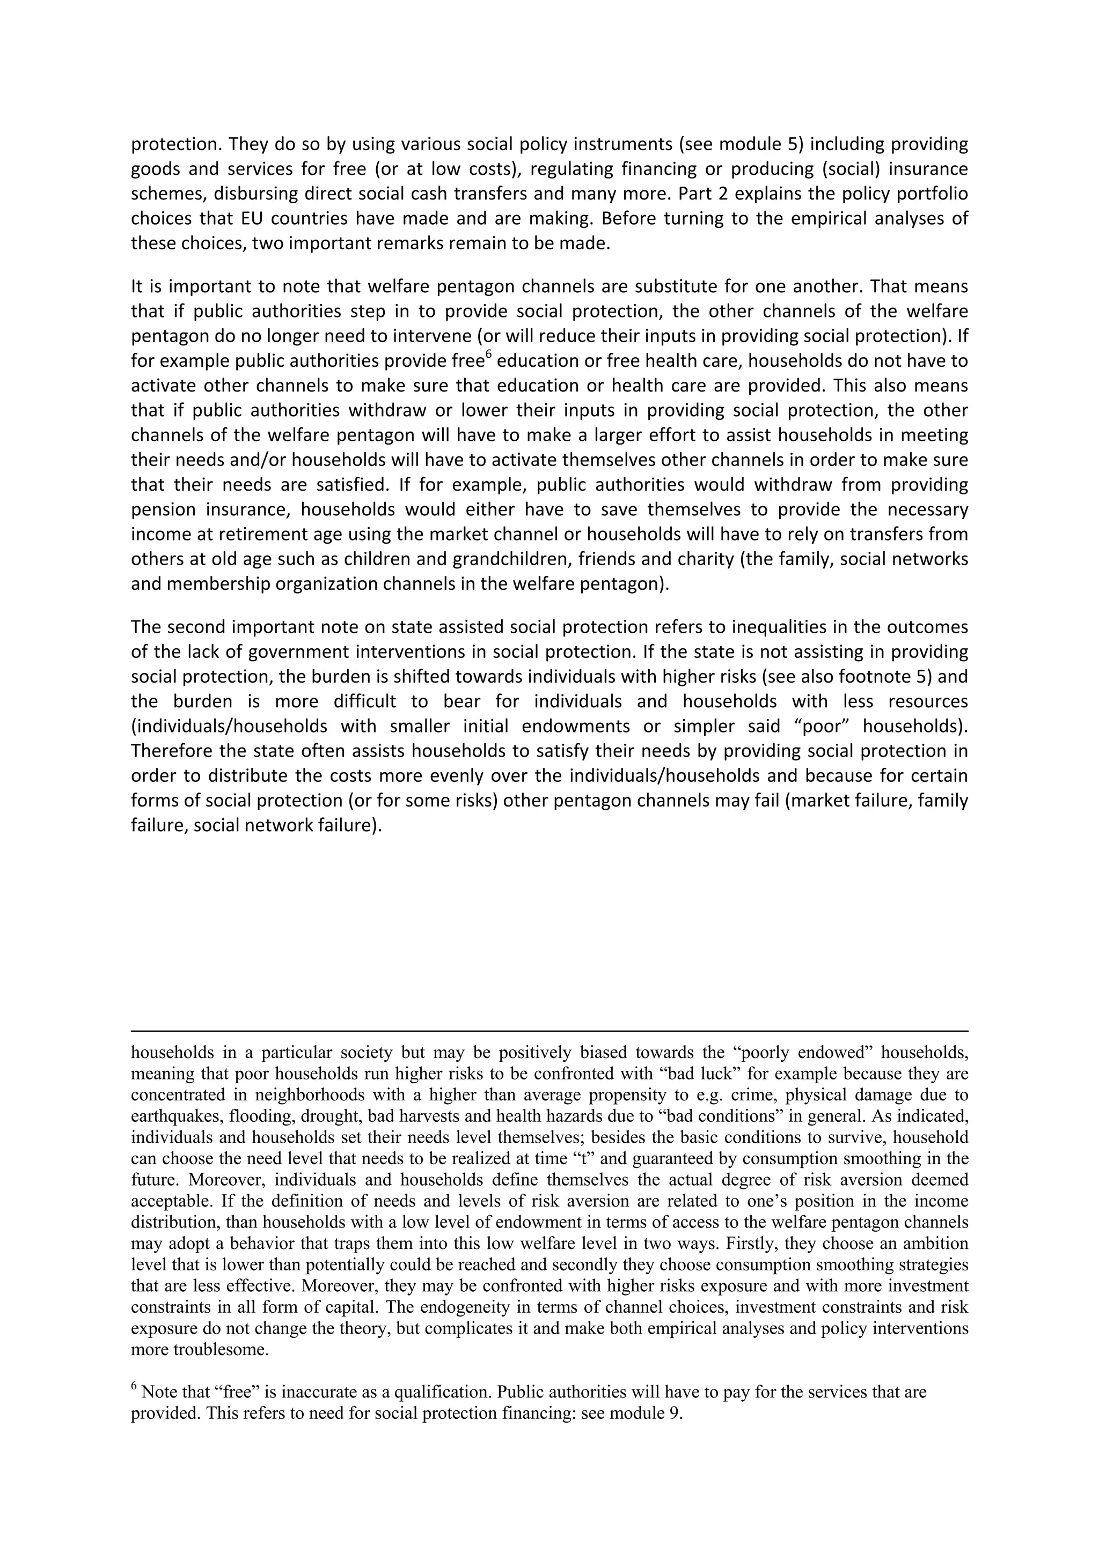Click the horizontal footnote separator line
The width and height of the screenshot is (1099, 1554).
pos(549,1032)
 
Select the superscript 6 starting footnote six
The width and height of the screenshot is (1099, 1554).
pos(134,1388)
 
